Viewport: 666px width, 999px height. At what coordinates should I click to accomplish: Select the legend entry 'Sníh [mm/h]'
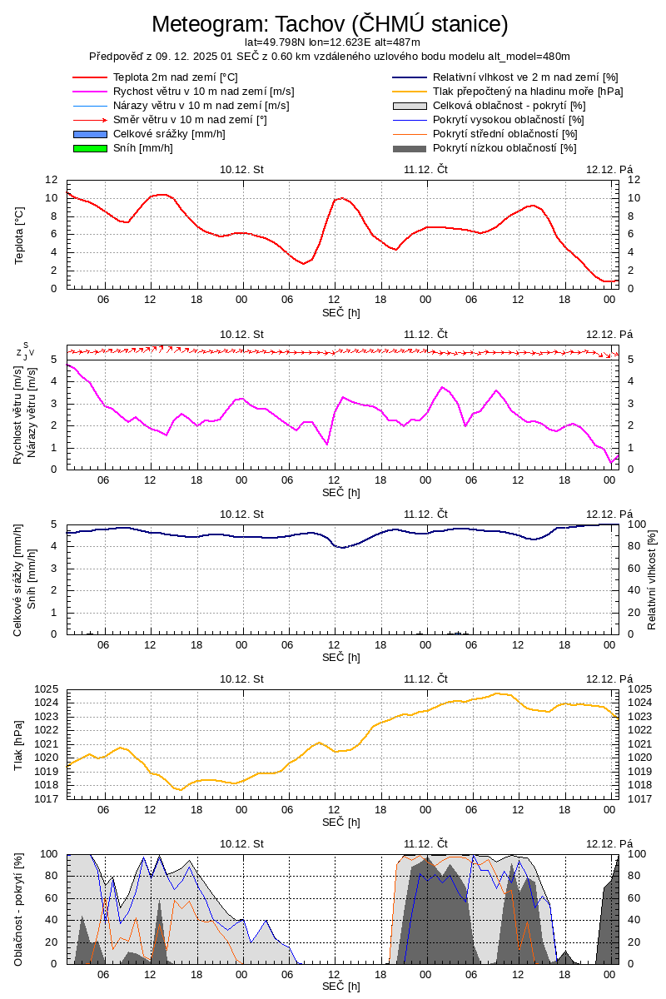[x=143, y=148]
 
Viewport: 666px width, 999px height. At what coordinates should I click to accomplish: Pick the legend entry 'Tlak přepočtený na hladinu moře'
[x=528, y=92]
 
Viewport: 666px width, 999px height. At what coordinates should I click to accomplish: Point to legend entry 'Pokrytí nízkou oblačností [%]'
[x=504, y=148]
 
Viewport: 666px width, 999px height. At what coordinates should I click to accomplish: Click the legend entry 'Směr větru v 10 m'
[x=190, y=120]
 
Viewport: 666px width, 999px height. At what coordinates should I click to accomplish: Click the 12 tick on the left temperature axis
[x=51, y=180]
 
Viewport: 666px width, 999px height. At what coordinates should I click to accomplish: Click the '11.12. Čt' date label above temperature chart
[x=426, y=169]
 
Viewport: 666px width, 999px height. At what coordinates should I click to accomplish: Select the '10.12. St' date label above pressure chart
[x=241, y=678]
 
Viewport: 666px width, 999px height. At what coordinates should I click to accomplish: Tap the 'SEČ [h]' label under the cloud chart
[x=341, y=987]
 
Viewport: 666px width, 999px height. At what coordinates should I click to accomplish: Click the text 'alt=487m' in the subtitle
[x=399, y=42]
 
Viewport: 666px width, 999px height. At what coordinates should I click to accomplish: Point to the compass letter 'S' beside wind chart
[x=26, y=345]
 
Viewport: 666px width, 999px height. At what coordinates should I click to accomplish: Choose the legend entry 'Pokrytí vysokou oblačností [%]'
[x=509, y=120]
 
